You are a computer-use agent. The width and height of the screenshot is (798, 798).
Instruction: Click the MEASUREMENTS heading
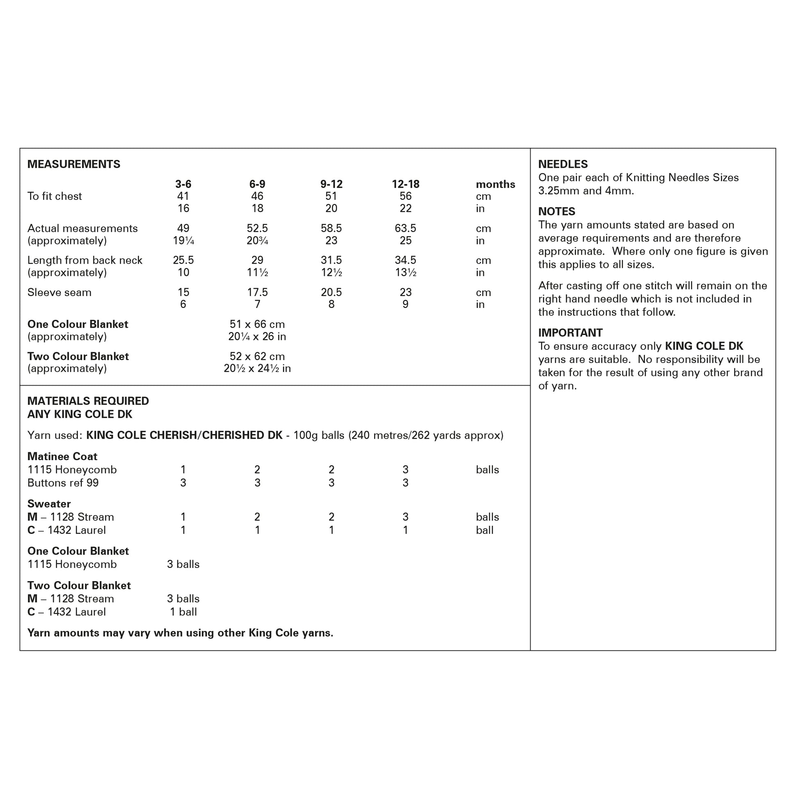click(73, 164)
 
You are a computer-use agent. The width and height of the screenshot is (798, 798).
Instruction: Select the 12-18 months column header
click(405, 184)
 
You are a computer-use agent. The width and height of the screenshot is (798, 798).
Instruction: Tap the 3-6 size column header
click(183, 184)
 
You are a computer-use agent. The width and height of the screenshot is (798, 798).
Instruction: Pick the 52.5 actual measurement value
click(257, 228)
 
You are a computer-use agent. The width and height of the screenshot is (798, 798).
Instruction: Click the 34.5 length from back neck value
click(405, 260)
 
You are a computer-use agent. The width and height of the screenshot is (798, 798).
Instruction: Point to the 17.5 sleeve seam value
click(257, 292)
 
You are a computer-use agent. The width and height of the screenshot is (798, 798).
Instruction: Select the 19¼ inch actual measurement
click(183, 241)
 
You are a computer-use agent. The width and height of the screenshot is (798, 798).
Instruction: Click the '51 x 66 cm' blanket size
click(257, 324)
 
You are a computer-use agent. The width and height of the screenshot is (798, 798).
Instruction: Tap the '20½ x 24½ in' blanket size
click(257, 368)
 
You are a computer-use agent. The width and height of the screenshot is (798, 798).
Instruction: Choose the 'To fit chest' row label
click(55, 196)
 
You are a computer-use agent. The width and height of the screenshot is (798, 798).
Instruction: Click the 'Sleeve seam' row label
click(59, 292)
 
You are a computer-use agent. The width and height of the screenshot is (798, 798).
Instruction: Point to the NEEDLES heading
click(563, 164)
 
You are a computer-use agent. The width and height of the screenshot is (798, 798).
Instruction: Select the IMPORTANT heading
click(570, 333)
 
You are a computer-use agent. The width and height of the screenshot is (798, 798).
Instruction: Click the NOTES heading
click(556, 212)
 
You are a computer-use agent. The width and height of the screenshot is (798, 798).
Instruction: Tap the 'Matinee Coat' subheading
click(62, 456)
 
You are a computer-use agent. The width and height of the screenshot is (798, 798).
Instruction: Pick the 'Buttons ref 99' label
click(63, 483)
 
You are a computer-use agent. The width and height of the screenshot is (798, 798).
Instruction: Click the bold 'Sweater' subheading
click(49, 504)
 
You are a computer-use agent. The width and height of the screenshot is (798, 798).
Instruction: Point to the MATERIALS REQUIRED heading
click(88, 401)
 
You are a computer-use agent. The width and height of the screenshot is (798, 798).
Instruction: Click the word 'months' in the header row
click(495, 184)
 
